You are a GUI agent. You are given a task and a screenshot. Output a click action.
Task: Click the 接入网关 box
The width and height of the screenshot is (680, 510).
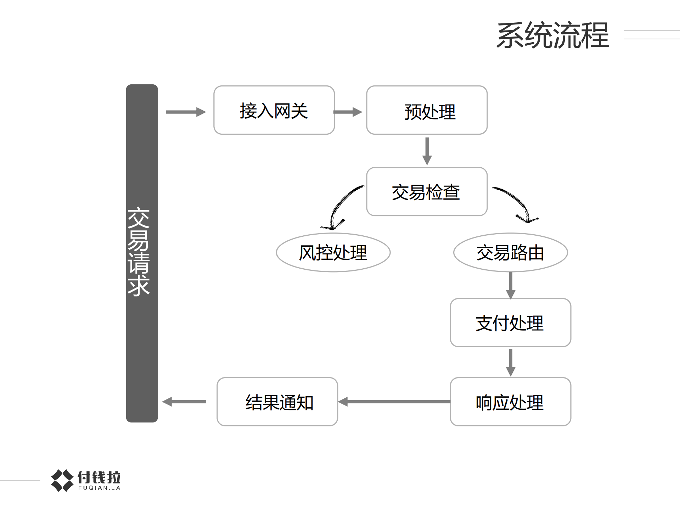(x=274, y=110)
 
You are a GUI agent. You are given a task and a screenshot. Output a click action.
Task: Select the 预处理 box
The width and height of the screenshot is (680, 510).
(x=427, y=110)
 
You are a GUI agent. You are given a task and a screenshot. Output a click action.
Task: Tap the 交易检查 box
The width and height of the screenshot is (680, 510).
(x=427, y=192)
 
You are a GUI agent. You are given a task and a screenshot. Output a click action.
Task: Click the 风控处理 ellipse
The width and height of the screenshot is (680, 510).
(x=333, y=252)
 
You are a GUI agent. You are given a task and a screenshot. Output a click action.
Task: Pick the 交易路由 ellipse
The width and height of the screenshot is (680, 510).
(x=510, y=252)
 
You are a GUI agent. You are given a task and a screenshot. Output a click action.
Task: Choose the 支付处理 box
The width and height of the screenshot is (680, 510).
(x=510, y=323)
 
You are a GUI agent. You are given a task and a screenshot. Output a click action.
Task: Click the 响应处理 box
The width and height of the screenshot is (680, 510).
(x=510, y=402)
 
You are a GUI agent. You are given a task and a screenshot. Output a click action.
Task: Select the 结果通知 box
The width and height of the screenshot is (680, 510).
(x=277, y=402)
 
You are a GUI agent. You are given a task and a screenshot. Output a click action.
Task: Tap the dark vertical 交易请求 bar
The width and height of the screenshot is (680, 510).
(x=142, y=253)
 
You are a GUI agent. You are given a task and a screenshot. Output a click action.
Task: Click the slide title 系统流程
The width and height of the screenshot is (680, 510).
(x=552, y=35)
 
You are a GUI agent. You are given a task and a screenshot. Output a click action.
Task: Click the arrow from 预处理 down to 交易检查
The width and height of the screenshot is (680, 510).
(x=427, y=151)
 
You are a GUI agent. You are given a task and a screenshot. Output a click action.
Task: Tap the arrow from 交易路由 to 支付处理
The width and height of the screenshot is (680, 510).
(x=510, y=285)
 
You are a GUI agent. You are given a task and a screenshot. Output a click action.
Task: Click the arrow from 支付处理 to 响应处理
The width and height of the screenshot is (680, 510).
(x=510, y=362)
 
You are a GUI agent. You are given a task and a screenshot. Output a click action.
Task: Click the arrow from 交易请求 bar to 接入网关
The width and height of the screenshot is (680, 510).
(x=186, y=112)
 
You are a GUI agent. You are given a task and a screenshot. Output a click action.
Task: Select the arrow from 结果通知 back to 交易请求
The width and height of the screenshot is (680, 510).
(x=184, y=402)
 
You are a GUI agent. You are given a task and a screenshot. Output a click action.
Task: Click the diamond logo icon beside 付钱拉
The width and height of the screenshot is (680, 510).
(x=62, y=480)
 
